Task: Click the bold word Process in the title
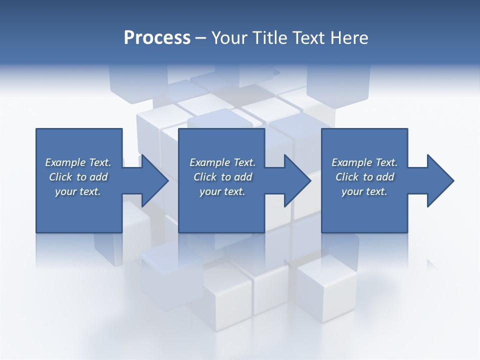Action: tap(157, 38)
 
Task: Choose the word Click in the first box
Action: tap(60, 177)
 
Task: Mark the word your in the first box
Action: tap(65, 191)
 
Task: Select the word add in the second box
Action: tap(243, 177)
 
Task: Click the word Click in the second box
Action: tap(205, 177)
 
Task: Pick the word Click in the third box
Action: tap(347, 177)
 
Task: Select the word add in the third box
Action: tap(385, 177)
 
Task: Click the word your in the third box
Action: tap(352, 191)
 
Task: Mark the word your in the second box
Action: tap(210, 191)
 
